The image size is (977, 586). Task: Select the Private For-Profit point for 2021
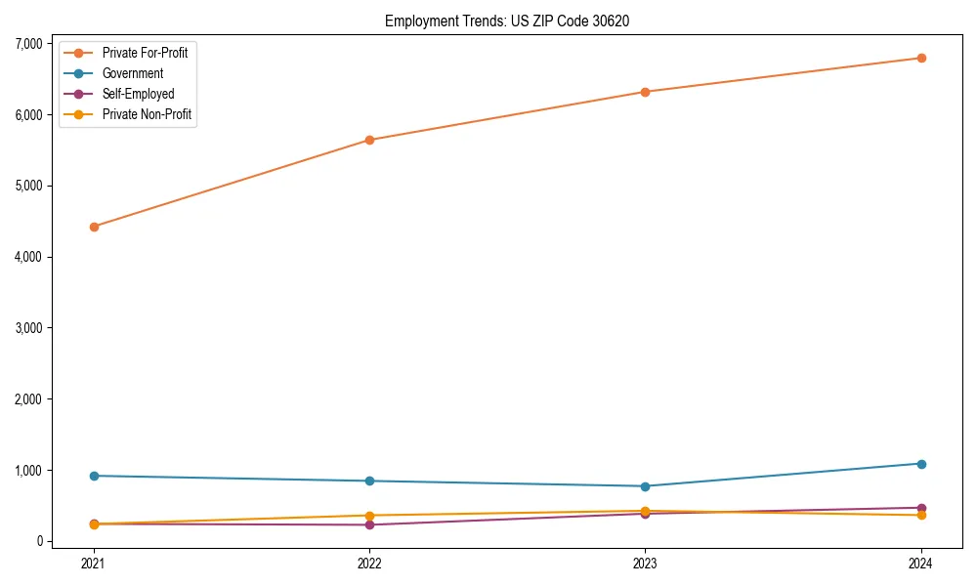[x=94, y=227]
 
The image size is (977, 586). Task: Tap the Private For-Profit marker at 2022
[x=369, y=140]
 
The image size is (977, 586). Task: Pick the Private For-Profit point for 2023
[x=646, y=92]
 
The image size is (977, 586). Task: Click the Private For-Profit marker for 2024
[x=921, y=58]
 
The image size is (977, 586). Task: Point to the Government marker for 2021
[x=94, y=476]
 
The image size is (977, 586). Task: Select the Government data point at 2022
[x=369, y=481]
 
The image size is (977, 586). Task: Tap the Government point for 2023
[x=646, y=486]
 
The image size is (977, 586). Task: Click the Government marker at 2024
[x=921, y=464]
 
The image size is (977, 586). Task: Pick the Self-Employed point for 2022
[x=369, y=525]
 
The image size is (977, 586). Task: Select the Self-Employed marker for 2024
[x=921, y=508]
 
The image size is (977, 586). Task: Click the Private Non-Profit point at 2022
[x=369, y=516]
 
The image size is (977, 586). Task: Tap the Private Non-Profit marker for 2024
[x=921, y=516]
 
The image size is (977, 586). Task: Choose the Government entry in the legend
[x=132, y=73]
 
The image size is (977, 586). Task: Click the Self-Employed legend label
[x=138, y=95]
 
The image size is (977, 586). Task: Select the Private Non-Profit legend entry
[x=147, y=115]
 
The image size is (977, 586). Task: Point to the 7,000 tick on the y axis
[x=27, y=44]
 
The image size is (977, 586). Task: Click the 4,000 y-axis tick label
[x=27, y=257]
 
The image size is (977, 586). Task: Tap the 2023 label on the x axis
[x=646, y=563]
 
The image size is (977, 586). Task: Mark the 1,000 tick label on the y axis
[x=27, y=471]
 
